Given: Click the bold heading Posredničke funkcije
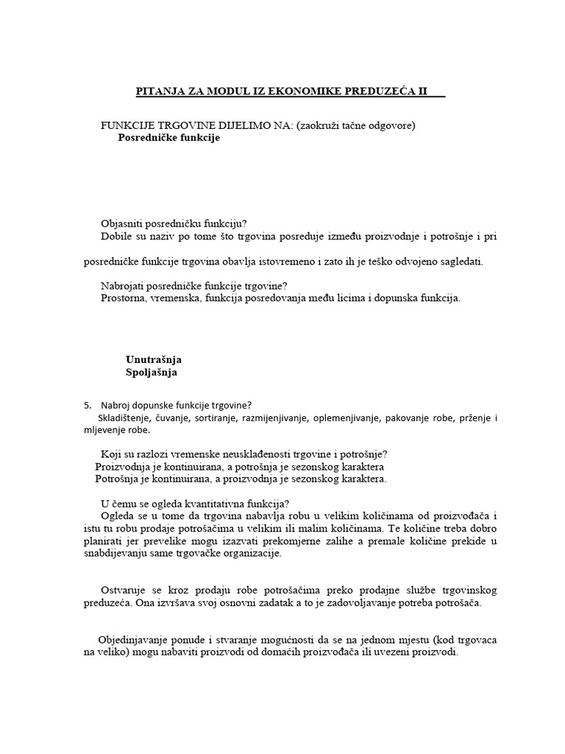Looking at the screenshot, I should pyautogui.click(x=169, y=138).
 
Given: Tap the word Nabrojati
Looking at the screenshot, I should pyautogui.click(x=124, y=286).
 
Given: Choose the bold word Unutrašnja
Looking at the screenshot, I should pyautogui.click(x=154, y=359).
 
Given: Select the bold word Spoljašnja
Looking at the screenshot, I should pyautogui.click(x=152, y=373).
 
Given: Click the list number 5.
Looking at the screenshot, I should pyautogui.click(x=88, y=405).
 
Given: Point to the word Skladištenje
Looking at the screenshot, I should pyautogui.click(x=118, y=417).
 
